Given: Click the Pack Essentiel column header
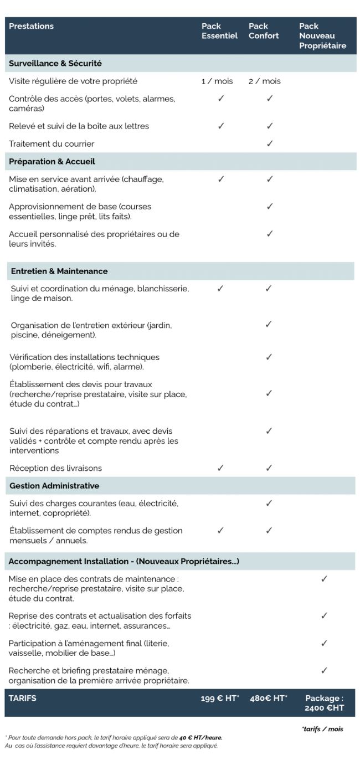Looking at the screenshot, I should (219, 31).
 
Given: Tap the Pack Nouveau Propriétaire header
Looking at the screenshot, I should (322, 36).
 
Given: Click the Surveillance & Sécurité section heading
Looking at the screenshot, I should (55, 63).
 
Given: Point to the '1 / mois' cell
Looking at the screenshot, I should (217, 81).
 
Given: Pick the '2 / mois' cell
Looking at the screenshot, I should (265, 81).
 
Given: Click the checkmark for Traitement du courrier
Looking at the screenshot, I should (270, 143).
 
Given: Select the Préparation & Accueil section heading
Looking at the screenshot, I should (52, 161).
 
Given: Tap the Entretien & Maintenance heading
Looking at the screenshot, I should (59, 271).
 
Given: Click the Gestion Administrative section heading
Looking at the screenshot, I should (54, 485).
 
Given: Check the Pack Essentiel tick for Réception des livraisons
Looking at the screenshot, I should (220, 468).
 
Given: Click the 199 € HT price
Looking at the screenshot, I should (220, 698).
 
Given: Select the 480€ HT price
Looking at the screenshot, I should (269, 698).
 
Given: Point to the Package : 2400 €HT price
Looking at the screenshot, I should (324, 702).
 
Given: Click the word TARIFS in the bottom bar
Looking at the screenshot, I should (23, 698).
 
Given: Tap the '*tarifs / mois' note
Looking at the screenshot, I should (322, 728).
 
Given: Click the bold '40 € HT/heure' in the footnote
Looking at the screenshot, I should (200, 737).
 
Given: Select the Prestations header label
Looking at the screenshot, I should (32, 26).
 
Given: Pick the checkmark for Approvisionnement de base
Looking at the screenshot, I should (270, 207).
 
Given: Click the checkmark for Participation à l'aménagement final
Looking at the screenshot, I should (324, 643).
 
